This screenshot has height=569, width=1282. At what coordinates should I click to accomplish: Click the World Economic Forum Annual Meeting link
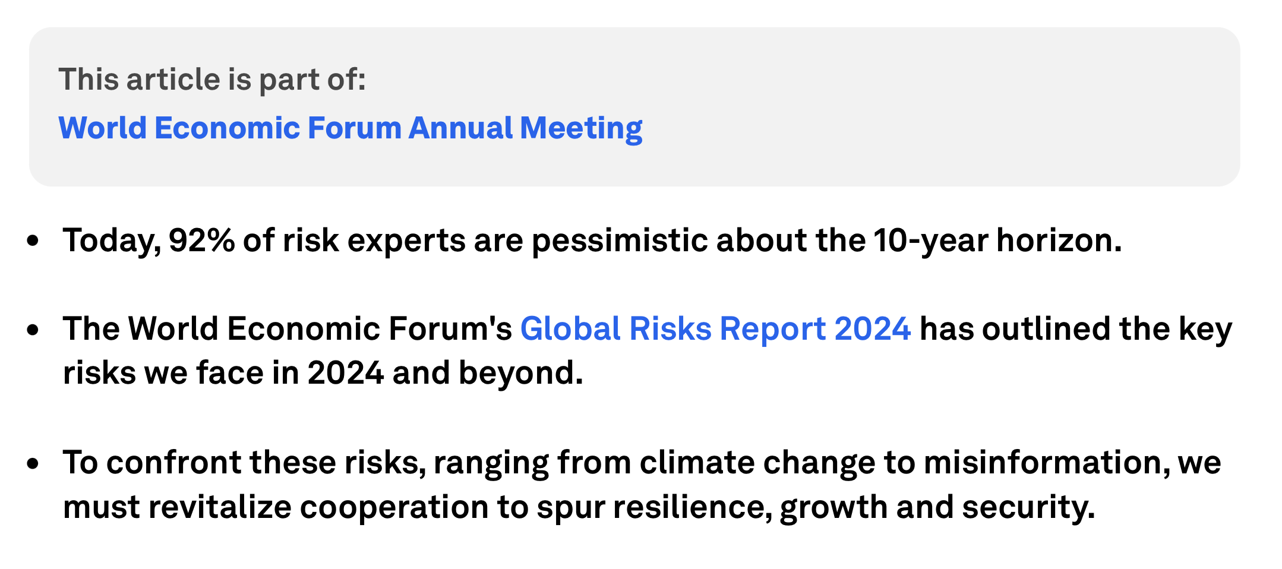click(351, 128)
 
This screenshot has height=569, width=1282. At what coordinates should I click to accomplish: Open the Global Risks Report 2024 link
click(715, 328)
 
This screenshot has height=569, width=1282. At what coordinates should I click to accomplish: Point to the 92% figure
click(202, 241)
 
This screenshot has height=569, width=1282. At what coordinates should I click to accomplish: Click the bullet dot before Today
click(33, 241)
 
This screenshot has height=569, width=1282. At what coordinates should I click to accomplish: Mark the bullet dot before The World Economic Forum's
click(33, 330)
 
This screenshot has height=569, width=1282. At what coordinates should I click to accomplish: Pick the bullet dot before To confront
click(33, 463)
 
